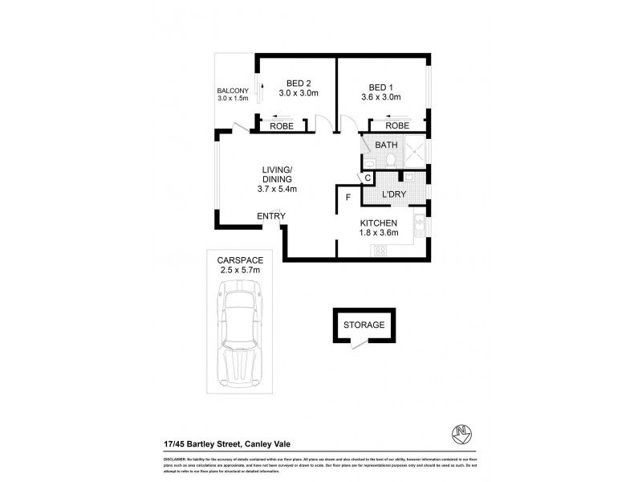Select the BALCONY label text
tap(234, 90)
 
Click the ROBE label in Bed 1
tap(397, 126)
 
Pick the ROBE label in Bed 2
tap(280, 126)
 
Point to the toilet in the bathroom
tap(388, 161)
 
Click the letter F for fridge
tap(347, 196)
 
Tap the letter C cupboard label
tap(368, 178)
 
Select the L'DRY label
tap(393, 194)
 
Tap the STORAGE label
tap(364, 325)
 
